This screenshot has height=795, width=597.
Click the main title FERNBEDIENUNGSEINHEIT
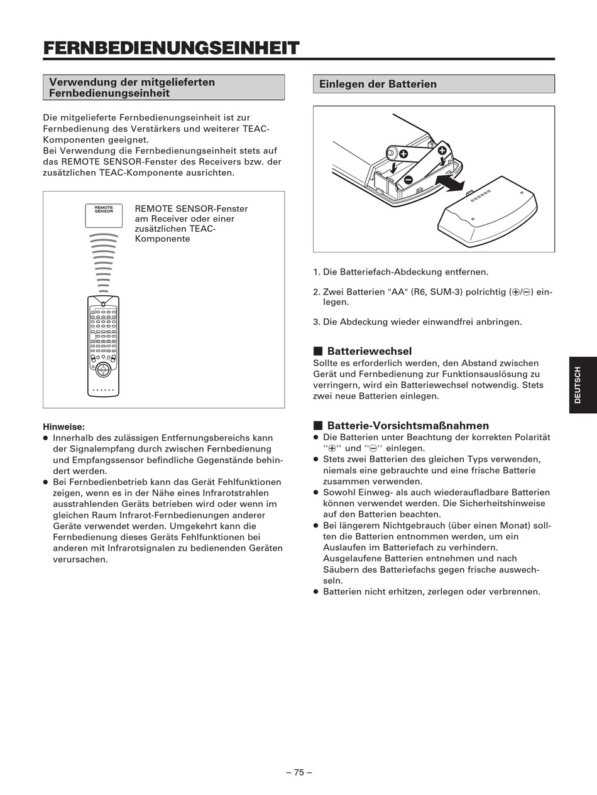[171, 48]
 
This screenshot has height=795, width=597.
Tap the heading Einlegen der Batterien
[378, 84]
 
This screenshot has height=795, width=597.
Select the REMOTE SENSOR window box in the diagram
[104, 215]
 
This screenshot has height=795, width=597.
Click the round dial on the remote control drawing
[103, 370]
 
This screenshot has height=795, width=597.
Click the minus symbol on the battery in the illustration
[408, 179]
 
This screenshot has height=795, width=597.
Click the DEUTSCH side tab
[583, 385]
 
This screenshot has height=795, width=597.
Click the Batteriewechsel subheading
[370, 351]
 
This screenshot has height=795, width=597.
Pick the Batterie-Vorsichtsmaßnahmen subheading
[408, 425]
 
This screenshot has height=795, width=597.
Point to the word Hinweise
[64, 426]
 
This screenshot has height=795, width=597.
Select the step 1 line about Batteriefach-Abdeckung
[400, 272]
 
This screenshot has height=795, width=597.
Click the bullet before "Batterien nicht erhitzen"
[316, 592]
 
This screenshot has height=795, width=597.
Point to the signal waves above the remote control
[104, 263]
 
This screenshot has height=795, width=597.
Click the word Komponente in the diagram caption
[162, 239]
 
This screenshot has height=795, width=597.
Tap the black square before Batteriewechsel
[318, 351]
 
